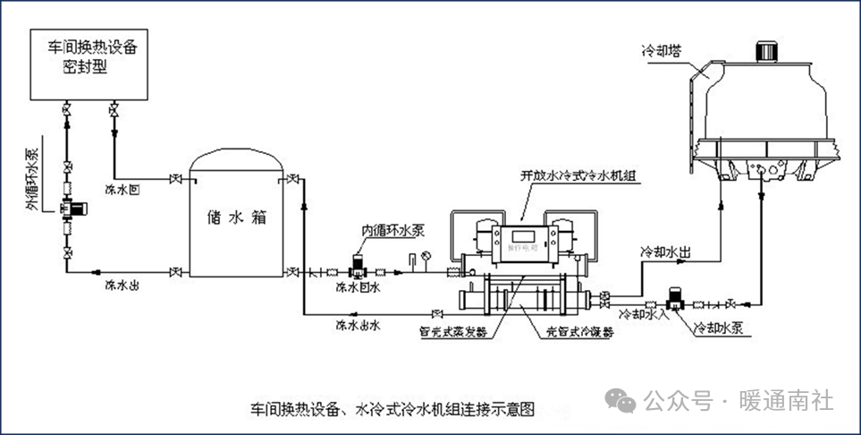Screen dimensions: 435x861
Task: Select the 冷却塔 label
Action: point(662,50)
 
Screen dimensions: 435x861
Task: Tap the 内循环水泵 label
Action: point(391,232)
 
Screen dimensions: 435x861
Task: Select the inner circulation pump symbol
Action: point(358,265)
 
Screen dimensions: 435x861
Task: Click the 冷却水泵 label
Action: point(720,328)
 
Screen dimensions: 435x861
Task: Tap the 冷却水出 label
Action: point(666,252)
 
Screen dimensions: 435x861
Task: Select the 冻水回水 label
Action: point(358,288)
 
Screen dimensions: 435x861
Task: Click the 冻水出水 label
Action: point(358,325)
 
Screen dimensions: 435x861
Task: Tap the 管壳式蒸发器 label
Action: point(453,332)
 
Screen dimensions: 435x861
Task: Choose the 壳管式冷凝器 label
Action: point(581,332)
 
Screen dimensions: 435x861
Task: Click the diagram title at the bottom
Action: point(394,411)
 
